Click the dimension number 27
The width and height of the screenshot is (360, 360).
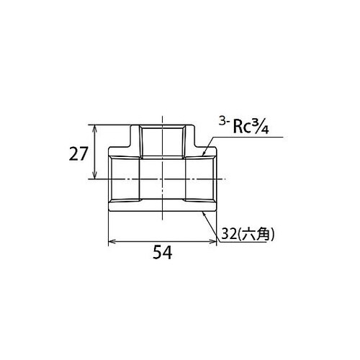tap(79, 153)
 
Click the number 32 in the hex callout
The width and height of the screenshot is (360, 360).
tap(230, 233)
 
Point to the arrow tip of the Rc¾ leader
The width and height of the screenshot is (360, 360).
tap(204, 154)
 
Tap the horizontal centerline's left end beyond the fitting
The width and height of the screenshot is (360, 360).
tap(96, 179)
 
